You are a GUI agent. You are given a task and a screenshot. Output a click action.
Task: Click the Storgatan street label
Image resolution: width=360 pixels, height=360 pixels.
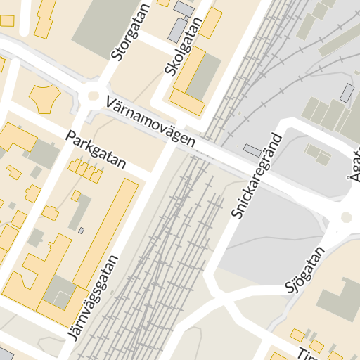(x=122, y=34)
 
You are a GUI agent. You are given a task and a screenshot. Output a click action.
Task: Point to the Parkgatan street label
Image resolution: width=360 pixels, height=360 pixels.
(x=96, y=148)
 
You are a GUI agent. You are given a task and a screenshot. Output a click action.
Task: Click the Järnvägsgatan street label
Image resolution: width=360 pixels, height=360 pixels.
(x=91, y=296)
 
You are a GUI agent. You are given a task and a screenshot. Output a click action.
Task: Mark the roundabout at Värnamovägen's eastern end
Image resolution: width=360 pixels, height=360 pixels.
(x=347, y=217)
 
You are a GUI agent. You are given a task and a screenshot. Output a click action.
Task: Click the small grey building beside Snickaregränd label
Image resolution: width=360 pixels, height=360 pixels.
(x=252, y=150)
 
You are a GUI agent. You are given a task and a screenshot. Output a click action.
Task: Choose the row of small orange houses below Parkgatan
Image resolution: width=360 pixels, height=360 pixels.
(x=85, y=169)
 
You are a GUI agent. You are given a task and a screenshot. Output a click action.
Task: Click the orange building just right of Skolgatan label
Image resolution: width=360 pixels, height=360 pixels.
(x=210, y=23)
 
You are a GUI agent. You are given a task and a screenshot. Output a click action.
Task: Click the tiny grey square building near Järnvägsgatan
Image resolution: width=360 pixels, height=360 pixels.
(x=81, y=230)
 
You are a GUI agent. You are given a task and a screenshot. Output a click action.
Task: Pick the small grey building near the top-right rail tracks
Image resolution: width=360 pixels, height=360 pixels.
(x=347, y=92)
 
